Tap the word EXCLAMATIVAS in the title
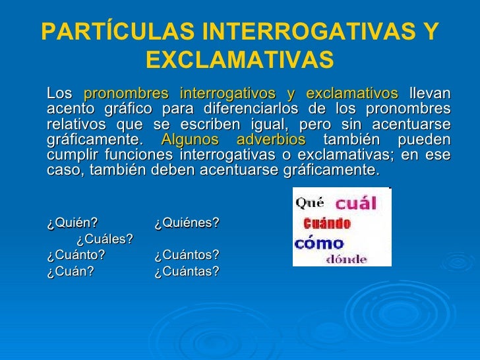click(x=239, y=60)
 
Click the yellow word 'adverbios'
click(x=270, y=140)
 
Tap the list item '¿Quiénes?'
click(x=187, y=224)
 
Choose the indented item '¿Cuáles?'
click(x=105, y=239)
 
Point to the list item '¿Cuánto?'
click(x=76, y=255)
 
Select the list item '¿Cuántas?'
click(x=187, y=271)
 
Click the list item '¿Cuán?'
click(x=70, y=271)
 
